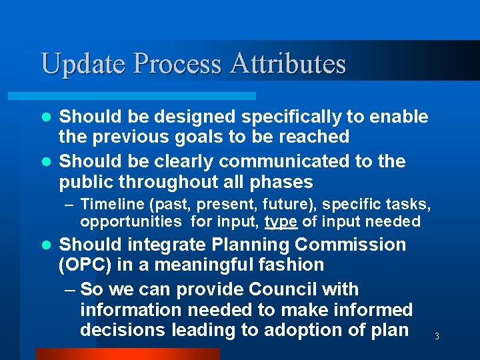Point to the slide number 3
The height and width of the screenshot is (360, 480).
437,337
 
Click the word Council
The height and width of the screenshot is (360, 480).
298,289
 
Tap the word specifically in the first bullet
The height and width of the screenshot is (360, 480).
291,117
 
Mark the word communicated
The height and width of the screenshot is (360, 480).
291,161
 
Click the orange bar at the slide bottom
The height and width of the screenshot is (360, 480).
127,353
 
